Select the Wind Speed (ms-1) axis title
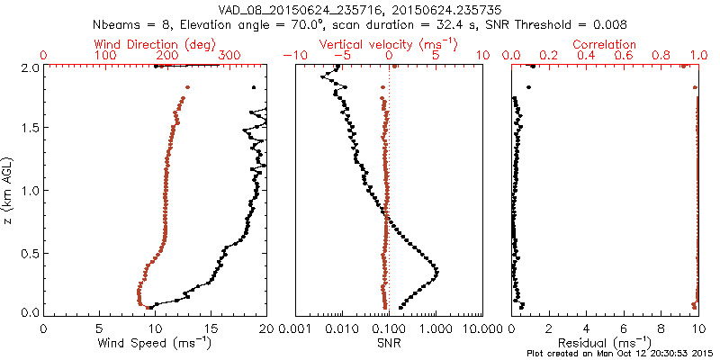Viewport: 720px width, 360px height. [x=155, y=343]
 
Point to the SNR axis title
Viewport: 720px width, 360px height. [x=388, y=343]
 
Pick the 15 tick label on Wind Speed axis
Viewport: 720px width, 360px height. [x=210, y=329]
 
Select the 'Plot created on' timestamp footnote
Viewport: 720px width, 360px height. [x=622, y=353]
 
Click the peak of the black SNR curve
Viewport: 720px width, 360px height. [x=436, y=270]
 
